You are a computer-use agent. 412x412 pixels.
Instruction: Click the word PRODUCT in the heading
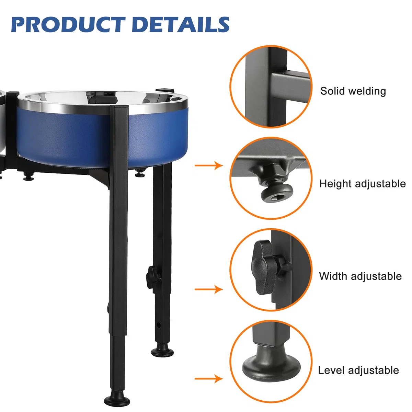click(68, 25)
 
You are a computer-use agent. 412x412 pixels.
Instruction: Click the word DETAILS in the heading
click(181, 25)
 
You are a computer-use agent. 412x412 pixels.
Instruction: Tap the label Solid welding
click(353, 91)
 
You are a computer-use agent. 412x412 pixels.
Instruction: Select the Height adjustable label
click(363, 184)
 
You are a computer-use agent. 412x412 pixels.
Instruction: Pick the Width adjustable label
click(360, 276)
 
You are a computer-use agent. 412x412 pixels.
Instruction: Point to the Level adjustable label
click(358, 370)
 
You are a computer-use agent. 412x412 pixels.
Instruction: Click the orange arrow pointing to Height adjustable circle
click(209, 165)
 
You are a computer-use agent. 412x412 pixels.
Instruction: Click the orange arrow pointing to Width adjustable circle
click(209, 289)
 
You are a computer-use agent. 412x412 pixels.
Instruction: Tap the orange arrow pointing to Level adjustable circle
click(209, 379)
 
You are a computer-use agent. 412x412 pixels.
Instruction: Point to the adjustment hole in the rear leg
click(158, 325)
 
